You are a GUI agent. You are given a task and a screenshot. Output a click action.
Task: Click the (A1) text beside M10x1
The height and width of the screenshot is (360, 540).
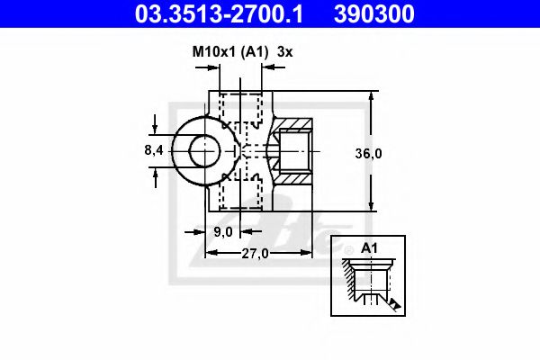pyautogui.click(x=252, y=53)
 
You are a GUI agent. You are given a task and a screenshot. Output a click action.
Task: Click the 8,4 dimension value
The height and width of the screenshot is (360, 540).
pyautogui.click(x=153, y=150)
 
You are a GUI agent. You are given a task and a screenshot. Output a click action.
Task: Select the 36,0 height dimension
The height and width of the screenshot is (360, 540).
pyautogui.click(x=368, y=153)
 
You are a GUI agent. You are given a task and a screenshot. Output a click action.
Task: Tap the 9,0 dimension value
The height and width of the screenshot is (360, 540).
pyautogui.click(x=223, y=232)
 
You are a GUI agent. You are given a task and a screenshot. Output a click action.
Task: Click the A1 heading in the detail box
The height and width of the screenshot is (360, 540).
pyautogui.click(x=368, y=247)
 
